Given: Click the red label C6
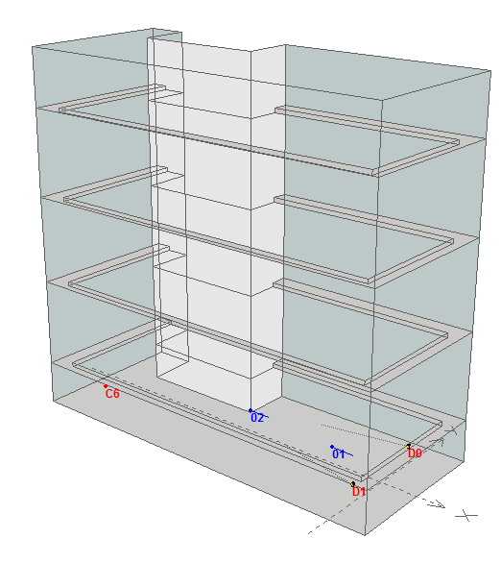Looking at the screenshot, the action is tap(112, 394).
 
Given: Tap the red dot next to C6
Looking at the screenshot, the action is tap(106, 386).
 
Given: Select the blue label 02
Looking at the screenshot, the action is tap(257, 418).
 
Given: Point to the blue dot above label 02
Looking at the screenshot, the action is tap(250, 410).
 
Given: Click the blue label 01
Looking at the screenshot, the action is tap(339, 454).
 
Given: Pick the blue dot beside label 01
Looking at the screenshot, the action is tap(332, 447).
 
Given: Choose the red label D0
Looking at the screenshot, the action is tap(415, 453).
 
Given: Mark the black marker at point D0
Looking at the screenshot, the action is tap(409, 446).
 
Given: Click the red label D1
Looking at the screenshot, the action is tap(359, 492).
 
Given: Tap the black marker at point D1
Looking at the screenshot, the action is tap(353, 484).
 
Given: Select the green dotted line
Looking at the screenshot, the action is tap(365, 435).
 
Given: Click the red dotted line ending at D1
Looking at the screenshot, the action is tap(320, 465).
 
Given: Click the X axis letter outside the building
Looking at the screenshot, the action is tap(466, 516).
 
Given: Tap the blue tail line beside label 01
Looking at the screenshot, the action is tap(346, 453).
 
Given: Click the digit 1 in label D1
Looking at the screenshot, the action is tap(363, 492).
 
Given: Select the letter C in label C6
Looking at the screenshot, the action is tap(109, 394).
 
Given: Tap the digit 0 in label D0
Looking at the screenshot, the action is tap(418, 453).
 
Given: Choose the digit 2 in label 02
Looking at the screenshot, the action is tap(261, 418).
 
